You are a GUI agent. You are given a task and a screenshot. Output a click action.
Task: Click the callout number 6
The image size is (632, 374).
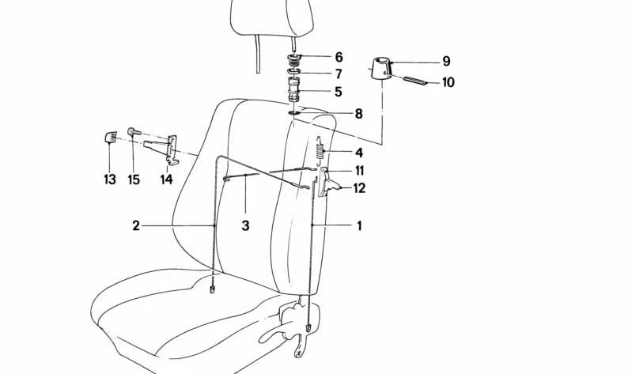[x=339, y=57]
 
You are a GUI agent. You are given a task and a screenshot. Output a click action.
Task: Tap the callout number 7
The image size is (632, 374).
[x=339, y=74]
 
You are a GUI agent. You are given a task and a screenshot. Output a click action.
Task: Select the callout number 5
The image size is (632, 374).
[x=339, y=92]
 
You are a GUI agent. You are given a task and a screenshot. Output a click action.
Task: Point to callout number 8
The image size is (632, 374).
[x=358, y=114]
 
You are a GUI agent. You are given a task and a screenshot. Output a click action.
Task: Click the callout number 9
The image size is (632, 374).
[x=446, y=61]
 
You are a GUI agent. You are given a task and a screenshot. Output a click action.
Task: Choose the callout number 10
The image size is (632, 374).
[x=448, y=82]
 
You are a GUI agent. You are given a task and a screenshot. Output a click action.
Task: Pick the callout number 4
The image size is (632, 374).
[x=358, y=153]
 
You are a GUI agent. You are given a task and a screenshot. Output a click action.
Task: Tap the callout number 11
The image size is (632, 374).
[x=359, y=171]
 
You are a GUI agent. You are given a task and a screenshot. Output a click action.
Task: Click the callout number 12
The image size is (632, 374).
[x=359, y=188]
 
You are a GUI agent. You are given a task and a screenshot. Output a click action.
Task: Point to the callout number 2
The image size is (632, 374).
[x=136, y=226]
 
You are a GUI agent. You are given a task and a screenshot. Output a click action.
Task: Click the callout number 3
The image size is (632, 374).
[x=245, y=226]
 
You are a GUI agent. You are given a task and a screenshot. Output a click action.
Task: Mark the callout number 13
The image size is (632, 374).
[x=109, y=179]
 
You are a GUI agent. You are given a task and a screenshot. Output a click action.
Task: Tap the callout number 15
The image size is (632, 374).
[x=134, y=179]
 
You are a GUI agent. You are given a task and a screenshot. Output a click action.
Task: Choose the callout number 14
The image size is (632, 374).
[x=166, y=179]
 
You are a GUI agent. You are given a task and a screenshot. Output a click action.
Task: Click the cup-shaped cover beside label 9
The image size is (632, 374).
[x=381, y=68]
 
